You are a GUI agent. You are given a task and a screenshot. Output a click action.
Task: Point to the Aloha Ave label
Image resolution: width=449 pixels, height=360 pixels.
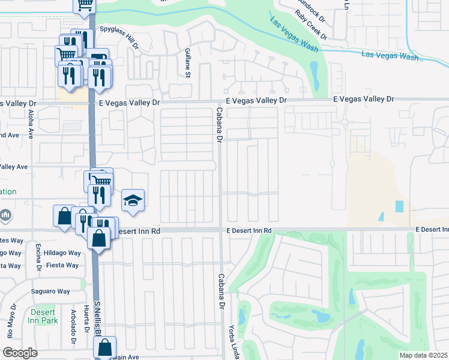pyautogui.click(x=31, y=124)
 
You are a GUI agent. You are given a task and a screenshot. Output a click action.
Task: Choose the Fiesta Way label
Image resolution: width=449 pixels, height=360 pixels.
pyautogui.click(x=63, y=265)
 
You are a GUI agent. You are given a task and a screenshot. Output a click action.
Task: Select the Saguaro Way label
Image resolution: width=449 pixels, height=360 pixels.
pyautogui.click(x=51, y=292)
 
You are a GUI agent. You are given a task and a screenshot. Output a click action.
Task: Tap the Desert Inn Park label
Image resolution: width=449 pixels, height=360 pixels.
pyautogui.click(x=41, y=316)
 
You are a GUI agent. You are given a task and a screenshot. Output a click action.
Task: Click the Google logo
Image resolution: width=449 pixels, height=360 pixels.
pyautogui.click(x=20, y=352)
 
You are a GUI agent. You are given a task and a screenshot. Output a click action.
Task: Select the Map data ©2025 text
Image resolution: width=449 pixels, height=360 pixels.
pyautogui.click(x=424, y=355)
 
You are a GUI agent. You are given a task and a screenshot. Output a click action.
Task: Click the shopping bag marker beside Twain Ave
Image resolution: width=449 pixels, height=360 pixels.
pyautogui.click(x=104, y=347)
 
